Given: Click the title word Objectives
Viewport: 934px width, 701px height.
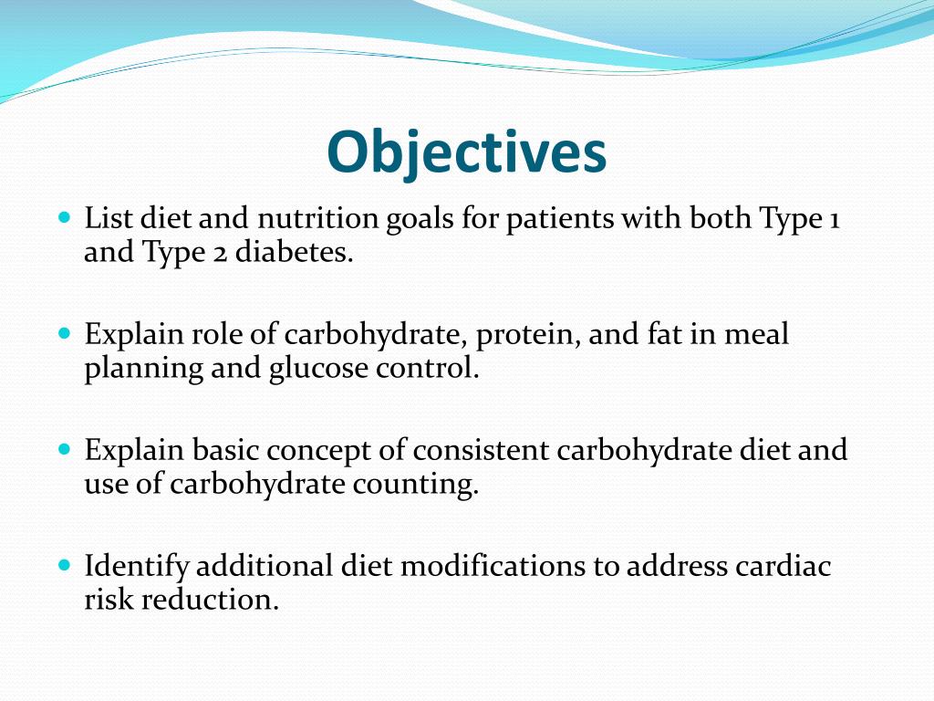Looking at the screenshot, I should click(x=466, y=152).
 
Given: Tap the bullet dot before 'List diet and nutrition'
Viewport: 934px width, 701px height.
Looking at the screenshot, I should click(x=64, y=219).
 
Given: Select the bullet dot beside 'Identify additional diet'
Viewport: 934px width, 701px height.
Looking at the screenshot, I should click(x=64, y=566).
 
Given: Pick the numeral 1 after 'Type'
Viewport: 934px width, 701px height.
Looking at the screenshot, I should click(x=834, y=220).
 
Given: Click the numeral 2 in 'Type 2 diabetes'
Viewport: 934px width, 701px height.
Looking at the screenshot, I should click(x=221, y=253).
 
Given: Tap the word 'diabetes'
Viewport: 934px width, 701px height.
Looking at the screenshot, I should click(x=294, y=253).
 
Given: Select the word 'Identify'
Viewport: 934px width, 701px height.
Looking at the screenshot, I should click(x=138, y=567).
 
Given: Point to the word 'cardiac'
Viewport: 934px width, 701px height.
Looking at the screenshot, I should click(x=784, y=567).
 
